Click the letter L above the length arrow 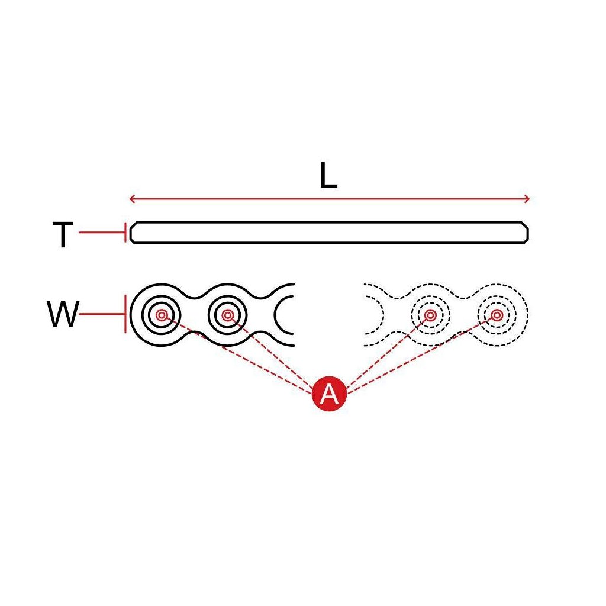(328, 176)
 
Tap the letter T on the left (63, 235)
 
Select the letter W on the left (63, 315)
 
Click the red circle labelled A (329, 393)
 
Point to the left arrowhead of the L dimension (132, 199)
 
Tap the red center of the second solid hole (228, 315)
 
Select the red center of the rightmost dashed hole (497, 315)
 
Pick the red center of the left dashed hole (430, 315)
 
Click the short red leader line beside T (101, 233)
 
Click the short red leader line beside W (101, 314)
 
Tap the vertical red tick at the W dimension (125, 314)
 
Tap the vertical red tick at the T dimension (125, 233)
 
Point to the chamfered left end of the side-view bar (133, 233)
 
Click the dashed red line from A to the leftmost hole (237, 353)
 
